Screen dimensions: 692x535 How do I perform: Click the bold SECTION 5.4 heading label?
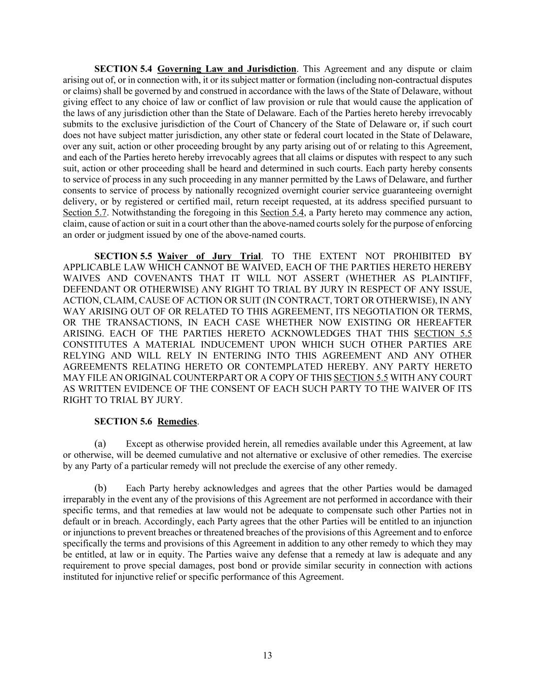[x=123, y=69]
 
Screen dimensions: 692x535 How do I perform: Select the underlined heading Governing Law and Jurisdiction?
[x=227, y=69]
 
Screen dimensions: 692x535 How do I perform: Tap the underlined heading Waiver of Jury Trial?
[x=209, y=256]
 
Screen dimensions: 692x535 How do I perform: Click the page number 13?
[x=267, y=655]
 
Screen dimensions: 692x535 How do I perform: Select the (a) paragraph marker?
[x=100, y=444]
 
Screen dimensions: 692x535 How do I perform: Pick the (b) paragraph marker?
[x=100, y=488]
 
